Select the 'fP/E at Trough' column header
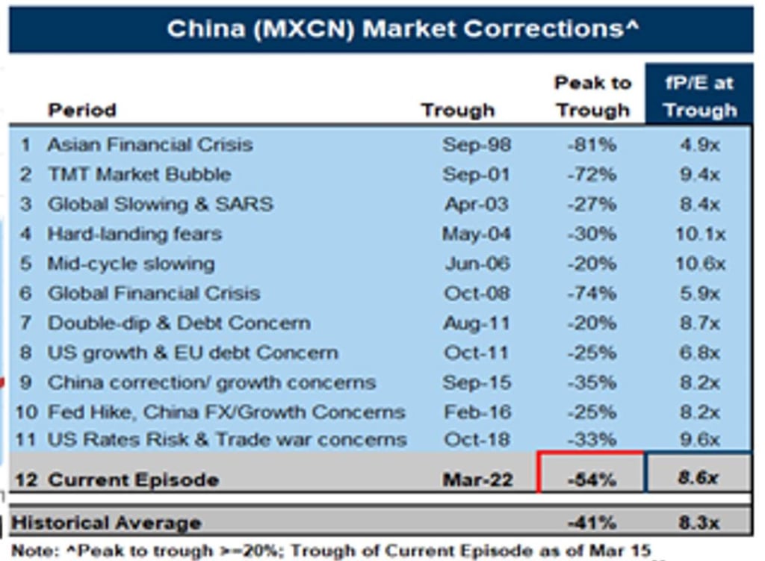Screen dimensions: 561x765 pos(699,96)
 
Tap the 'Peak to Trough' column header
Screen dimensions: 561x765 pos(592,96)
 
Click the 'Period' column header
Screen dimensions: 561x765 pos(82,111)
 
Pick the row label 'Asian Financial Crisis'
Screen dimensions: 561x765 pos(149,144)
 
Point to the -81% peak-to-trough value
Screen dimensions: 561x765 pos(591,144)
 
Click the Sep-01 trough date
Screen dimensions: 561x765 pos(476,174)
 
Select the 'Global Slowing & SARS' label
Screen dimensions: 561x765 pos(160,204)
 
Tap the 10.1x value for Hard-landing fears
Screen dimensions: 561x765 pos(699,234)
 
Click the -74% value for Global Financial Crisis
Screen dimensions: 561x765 pos(591,294)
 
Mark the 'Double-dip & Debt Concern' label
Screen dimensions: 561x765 pos(179,323)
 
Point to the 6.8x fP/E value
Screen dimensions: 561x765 pos(699,353)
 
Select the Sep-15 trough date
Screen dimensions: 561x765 pos(476,382)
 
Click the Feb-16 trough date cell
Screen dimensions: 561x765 pos(477,412)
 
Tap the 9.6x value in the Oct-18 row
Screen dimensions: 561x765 pos(699,440)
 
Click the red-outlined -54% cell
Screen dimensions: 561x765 pos(591,479)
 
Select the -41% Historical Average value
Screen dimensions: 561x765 pos(591,522)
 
